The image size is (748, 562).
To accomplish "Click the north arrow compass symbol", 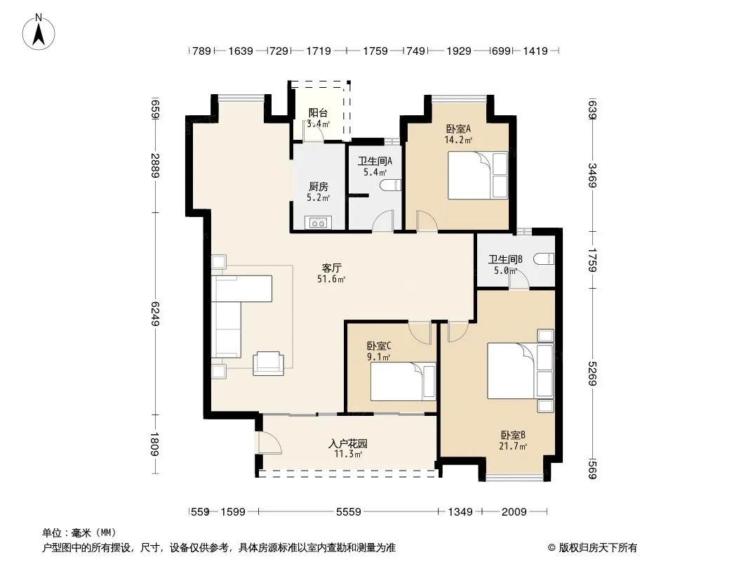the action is pyautogui.click(x=39, y=32).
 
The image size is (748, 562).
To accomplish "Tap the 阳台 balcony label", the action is pyautogui.click(x=318, y=113).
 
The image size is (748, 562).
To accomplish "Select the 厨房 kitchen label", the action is pyautogui.click(x=318, y=187).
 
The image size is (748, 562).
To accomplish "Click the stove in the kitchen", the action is pyautogui.click(x=318, y=223).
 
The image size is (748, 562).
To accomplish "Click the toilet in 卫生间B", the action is pyautogui.click(x=544, y=259).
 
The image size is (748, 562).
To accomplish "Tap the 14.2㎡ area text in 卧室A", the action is pyautogui.click(x=458, y=140).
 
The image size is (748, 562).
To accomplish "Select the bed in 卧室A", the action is pyautogui.click(x=478, y=175).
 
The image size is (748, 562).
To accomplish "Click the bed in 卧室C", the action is pyautogui.click(x=403, y=381).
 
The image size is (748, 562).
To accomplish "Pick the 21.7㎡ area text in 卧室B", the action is pyautogui.click(x=513, y=447).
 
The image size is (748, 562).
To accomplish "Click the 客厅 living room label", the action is pyautogui.click(x=331, y=268).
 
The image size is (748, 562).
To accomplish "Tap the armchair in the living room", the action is pyautogui.click(x=268, y=363).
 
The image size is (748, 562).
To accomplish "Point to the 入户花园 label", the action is pyautogui.click(x=348, y=443).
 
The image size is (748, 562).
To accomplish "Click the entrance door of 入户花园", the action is pyautogui.click(x=269, y=443).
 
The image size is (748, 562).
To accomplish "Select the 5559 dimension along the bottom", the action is pyautogui.click(x=348, y=512).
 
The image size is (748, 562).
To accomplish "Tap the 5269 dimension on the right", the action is pyautogui.click(x=592, y=374).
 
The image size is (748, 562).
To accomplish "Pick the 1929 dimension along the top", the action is pyautogui.click(x=459, y=51).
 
